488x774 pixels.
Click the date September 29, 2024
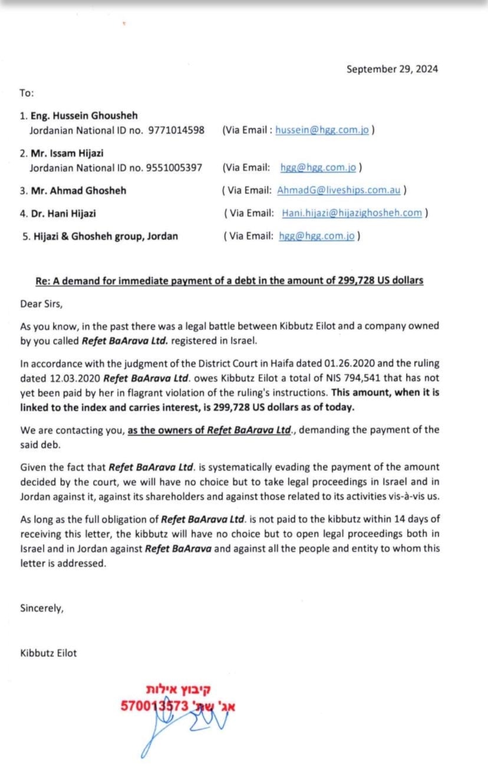pos(392,69)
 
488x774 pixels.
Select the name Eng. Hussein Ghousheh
pos(84,116)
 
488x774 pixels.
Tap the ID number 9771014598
pos(176,130)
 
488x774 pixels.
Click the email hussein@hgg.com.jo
pos(322,130)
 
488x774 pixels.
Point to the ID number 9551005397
pos(175,168)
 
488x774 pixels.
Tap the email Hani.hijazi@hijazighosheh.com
pos(352,213)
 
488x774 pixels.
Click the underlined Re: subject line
pos(229,280)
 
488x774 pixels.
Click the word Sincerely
pos(41,608)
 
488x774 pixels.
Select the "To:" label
pos(27,93)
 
